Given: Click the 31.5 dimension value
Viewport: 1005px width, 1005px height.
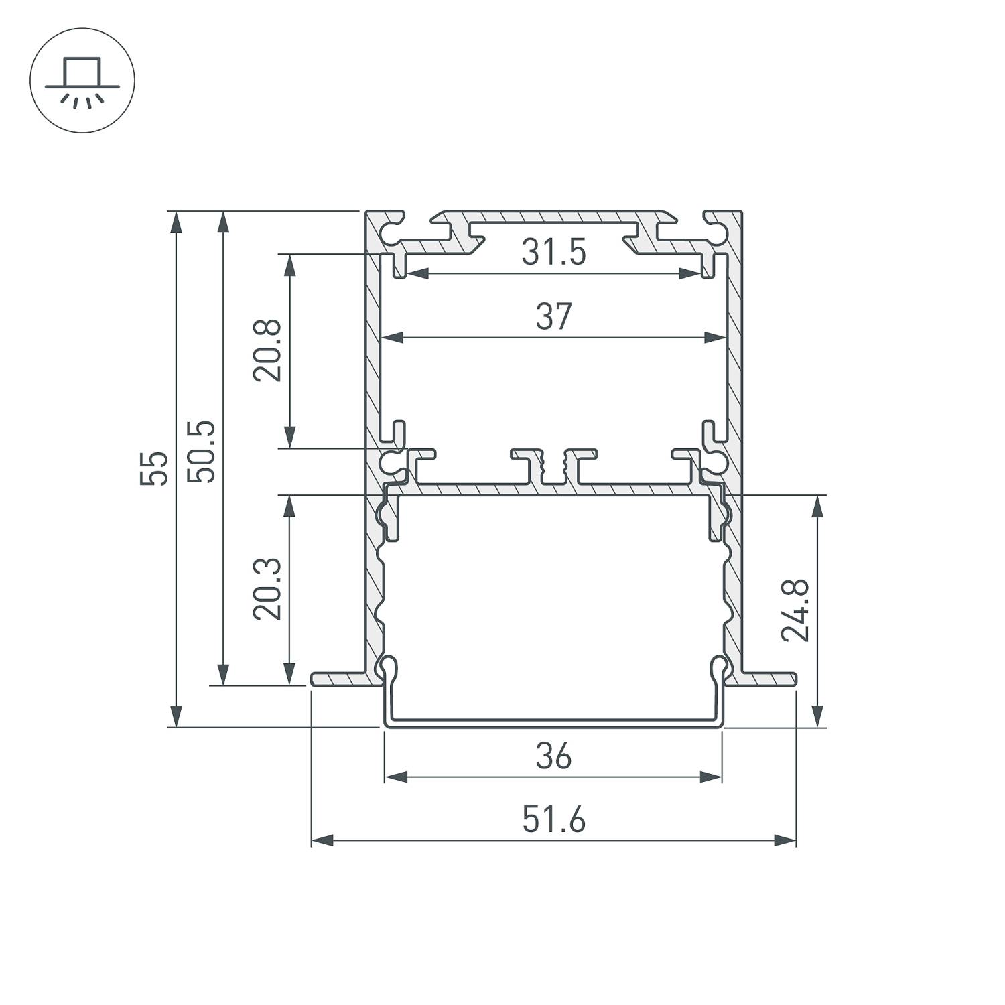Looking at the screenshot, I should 553,253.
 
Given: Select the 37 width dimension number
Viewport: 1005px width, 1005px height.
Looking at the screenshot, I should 553,317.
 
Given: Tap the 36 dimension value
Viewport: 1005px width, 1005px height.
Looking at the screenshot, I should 553,757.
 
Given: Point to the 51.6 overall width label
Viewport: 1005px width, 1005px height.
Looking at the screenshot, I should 553,820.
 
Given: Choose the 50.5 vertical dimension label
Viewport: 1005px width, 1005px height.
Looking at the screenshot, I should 201,452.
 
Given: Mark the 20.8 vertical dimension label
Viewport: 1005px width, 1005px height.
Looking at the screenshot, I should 267,350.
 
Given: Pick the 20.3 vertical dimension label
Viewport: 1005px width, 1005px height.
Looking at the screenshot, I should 267,590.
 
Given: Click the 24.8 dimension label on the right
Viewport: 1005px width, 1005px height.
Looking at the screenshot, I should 797,611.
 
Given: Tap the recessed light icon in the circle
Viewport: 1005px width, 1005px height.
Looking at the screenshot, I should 82,80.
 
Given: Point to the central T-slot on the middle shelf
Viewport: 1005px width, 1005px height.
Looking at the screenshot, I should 553,465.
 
